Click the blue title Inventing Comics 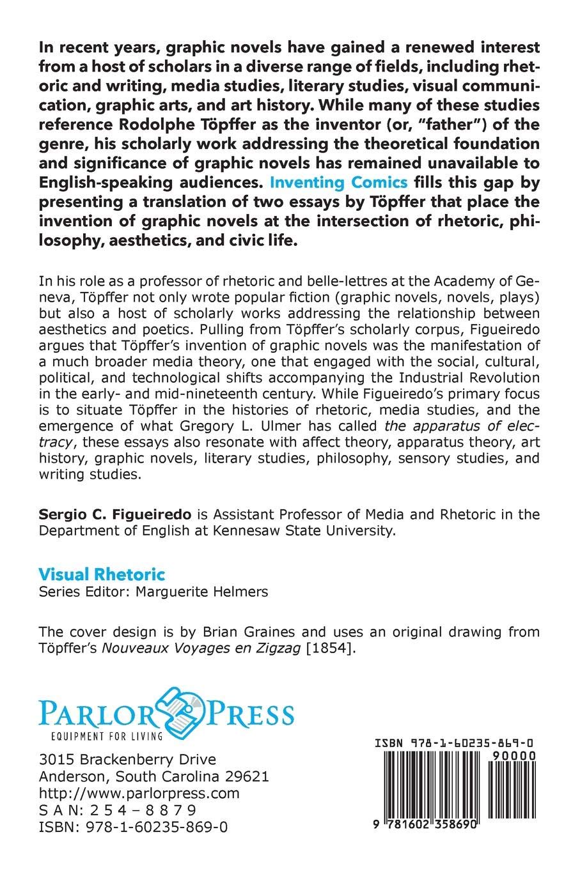(338, 181)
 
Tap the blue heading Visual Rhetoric (102, 574)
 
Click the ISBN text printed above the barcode (455, 744)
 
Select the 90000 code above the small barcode (519, 755)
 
